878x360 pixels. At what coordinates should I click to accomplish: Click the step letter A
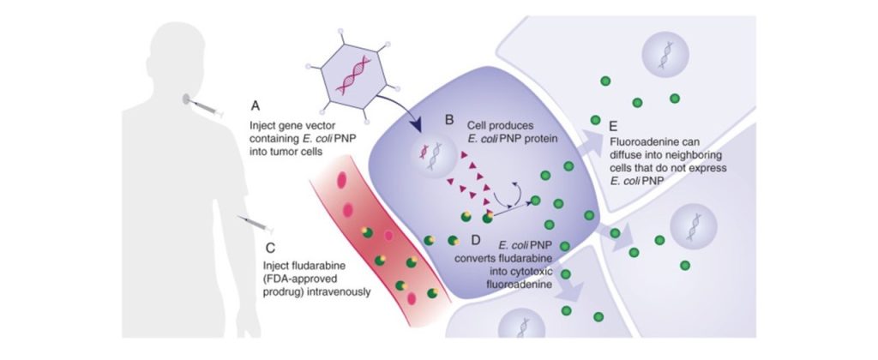coord(256,105)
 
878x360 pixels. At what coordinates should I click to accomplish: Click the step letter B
coord(449,119)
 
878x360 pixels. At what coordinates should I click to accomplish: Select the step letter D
coord(475,240)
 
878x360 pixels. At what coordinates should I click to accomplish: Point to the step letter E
coord(613,127)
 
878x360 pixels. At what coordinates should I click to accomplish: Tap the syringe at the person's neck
coord(204,107)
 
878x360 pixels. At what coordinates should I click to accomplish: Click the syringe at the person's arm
coord(255,223)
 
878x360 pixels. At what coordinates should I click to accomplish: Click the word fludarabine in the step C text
coord(312,267)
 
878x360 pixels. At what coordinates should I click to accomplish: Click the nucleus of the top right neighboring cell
coord(665,54)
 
